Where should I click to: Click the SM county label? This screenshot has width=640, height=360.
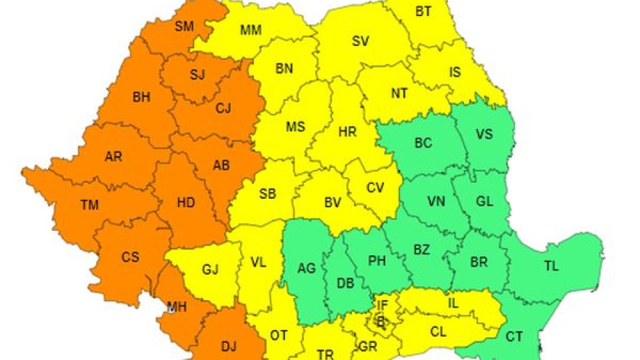(x=183, y=27)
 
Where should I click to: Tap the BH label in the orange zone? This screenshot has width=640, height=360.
(x=141, y=97)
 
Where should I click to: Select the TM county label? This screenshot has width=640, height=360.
(x=89, y=205)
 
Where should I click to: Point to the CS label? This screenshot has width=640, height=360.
(x=131, y=257)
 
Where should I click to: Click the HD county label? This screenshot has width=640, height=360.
(x=186, y=203)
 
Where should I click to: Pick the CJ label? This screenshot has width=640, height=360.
(x=223, y=109)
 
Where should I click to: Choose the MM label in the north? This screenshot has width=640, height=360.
(x=251, y=30)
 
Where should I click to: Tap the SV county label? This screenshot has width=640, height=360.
(x=360, y=41)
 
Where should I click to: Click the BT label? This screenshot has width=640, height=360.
(x=423, y=11)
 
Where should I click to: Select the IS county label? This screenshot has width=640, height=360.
(x=455, y=73)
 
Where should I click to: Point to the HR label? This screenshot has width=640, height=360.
(x=347, y=132)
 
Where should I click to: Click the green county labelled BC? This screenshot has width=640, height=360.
(x=423, y=143)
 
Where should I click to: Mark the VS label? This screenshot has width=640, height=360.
(x=484, y=134)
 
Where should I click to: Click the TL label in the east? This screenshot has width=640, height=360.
(x=551, y=266)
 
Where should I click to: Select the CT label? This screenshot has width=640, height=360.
(x=513, y=337)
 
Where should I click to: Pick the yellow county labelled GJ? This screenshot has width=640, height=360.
(x=211, y=270)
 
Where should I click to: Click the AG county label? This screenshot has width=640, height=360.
(x=307, y=269)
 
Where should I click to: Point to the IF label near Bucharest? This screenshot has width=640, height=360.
(x=382, y=305)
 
